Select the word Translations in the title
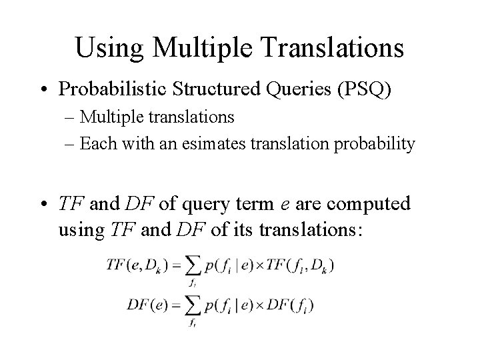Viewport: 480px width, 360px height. (325, 47)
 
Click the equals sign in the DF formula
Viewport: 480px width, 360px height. (176, 305)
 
